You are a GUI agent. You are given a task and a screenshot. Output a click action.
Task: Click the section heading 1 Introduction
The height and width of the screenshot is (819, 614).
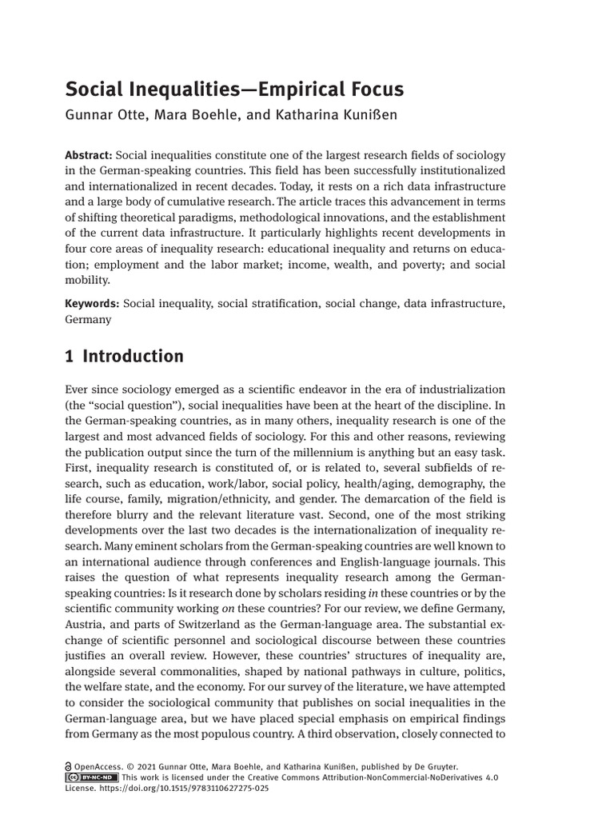click(x=124, y=356)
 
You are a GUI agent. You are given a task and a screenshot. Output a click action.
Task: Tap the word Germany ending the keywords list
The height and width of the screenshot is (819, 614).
click(x=88, y=318)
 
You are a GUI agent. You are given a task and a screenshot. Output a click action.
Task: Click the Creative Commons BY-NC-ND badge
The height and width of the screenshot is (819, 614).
click(x=92, y=777)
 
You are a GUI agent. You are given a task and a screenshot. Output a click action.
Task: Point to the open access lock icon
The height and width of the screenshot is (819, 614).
click(x=69, y=765)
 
